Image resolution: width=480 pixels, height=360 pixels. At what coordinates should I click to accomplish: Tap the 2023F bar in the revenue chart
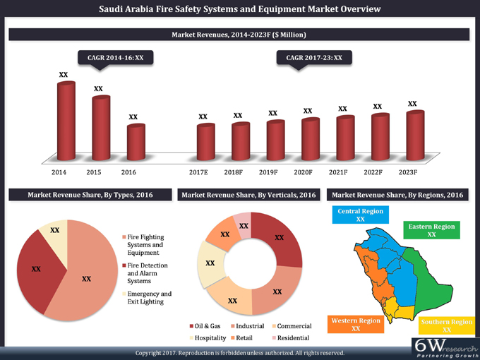(x=415, y=134)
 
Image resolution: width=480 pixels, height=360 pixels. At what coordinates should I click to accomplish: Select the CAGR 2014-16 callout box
(x=115, y=56)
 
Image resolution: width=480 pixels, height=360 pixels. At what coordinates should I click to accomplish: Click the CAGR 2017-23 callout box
(x=314, y=56)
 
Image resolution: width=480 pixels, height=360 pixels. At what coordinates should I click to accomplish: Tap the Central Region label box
(x=360, y=215)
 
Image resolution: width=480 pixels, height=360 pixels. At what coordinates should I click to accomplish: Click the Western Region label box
(x=356, y=324)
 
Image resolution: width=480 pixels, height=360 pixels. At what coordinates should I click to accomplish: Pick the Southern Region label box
(x=446, y=325)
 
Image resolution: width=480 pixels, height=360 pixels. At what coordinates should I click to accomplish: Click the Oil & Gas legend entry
(x=206, y=326)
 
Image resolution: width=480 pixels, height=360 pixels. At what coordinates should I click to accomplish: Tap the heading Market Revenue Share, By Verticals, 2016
(x=249, y=195)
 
